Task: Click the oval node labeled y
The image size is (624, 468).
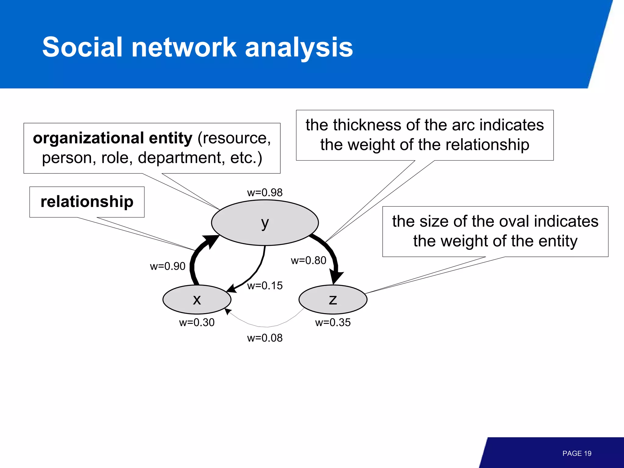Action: point(265,223)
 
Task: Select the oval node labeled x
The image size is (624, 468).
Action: point(197,300)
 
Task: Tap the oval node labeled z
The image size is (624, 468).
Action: point(333,300)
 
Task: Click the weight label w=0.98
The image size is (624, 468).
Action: point(265,193)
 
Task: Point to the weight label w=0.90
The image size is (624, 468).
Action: point(168,266)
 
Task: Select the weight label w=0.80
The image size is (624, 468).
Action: point(308,261)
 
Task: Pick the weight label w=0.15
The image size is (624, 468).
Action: point(265,286)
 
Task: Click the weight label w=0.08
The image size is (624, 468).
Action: point(265,338)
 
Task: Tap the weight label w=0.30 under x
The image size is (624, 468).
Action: point(197,322)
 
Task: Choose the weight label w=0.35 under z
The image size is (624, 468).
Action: point(333,322)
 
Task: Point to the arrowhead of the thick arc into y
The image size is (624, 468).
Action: point(212,241)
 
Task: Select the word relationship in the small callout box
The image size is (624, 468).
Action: point(87,202)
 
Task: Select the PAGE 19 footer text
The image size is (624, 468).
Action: point(577,453)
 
